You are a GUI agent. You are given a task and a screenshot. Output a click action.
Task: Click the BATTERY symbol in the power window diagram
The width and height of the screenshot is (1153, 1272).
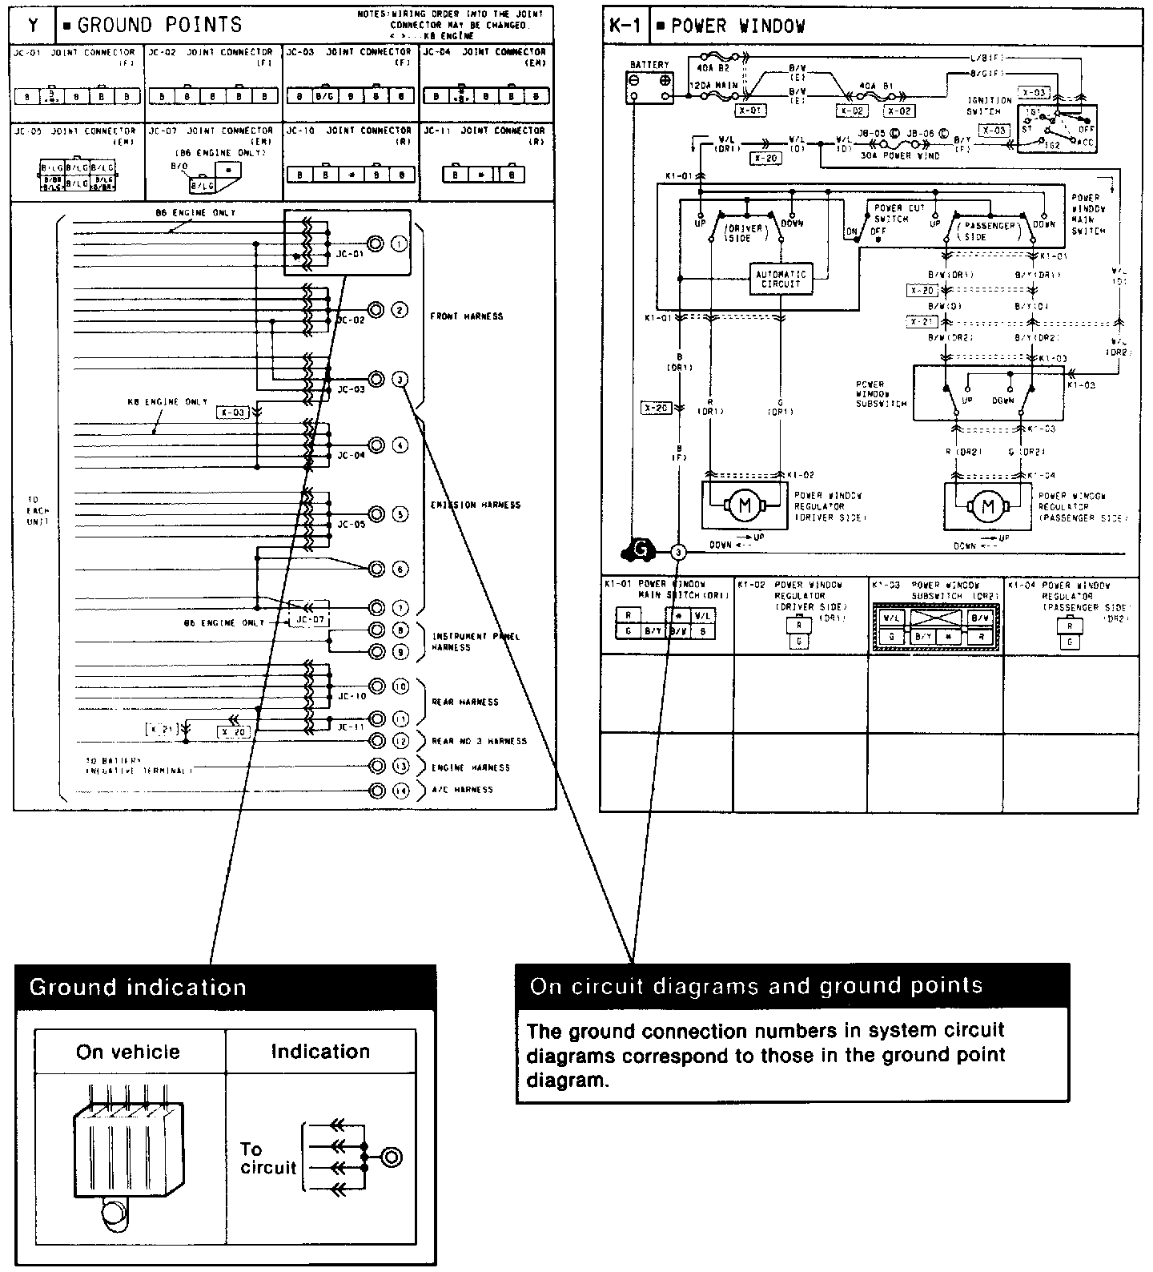(x=649, y=88)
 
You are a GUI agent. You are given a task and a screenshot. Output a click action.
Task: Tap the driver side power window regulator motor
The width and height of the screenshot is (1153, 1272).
(x=745, y=505)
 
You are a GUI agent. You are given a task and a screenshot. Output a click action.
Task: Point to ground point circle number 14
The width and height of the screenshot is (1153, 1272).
(x=400, y=791)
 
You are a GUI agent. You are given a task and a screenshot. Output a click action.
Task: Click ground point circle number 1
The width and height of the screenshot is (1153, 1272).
(x=400, y=244)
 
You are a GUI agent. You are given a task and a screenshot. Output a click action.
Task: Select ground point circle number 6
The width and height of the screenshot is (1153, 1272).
(x=400, y=569)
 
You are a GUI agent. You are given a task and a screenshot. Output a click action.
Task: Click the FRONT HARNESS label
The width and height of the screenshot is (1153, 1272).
(x=466, y=316)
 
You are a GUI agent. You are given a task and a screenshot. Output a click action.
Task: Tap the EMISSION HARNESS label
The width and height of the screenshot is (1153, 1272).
(x=475, y=505)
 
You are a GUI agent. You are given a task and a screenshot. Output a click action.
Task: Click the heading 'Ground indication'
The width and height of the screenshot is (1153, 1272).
(x=138, y=987)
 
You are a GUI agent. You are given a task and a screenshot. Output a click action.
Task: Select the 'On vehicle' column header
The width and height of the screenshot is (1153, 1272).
(x=128, y=1052)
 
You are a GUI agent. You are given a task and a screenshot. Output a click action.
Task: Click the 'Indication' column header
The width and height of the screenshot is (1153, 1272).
(x=320, y=1052)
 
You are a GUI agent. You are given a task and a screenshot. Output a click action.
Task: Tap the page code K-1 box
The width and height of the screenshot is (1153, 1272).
(x=625, y=26)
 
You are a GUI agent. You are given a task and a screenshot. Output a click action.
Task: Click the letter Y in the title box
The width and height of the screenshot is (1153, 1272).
(x=34, y=25)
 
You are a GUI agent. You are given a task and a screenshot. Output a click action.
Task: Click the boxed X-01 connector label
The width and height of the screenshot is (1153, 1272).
(x=750, y=111)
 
